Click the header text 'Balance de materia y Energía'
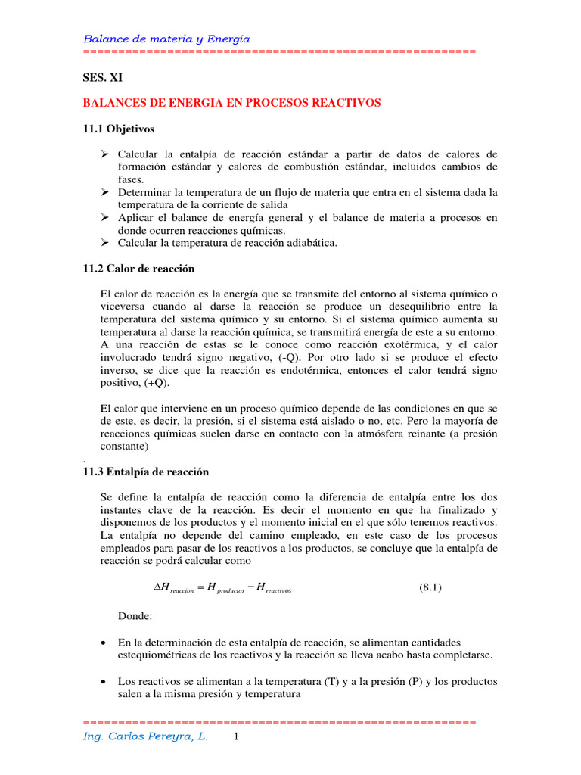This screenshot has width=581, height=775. click(166, 39)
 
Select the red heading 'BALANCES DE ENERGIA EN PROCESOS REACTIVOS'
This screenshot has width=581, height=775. click(231, 102)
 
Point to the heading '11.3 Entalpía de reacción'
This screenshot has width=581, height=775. click(145, 472)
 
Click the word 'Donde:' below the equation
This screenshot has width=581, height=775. click(135, 616)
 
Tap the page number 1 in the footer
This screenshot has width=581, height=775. click(236, 736)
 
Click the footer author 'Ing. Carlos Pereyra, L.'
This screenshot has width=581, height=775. click(144, 736)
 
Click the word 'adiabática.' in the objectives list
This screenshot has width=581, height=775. click(309, 243)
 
